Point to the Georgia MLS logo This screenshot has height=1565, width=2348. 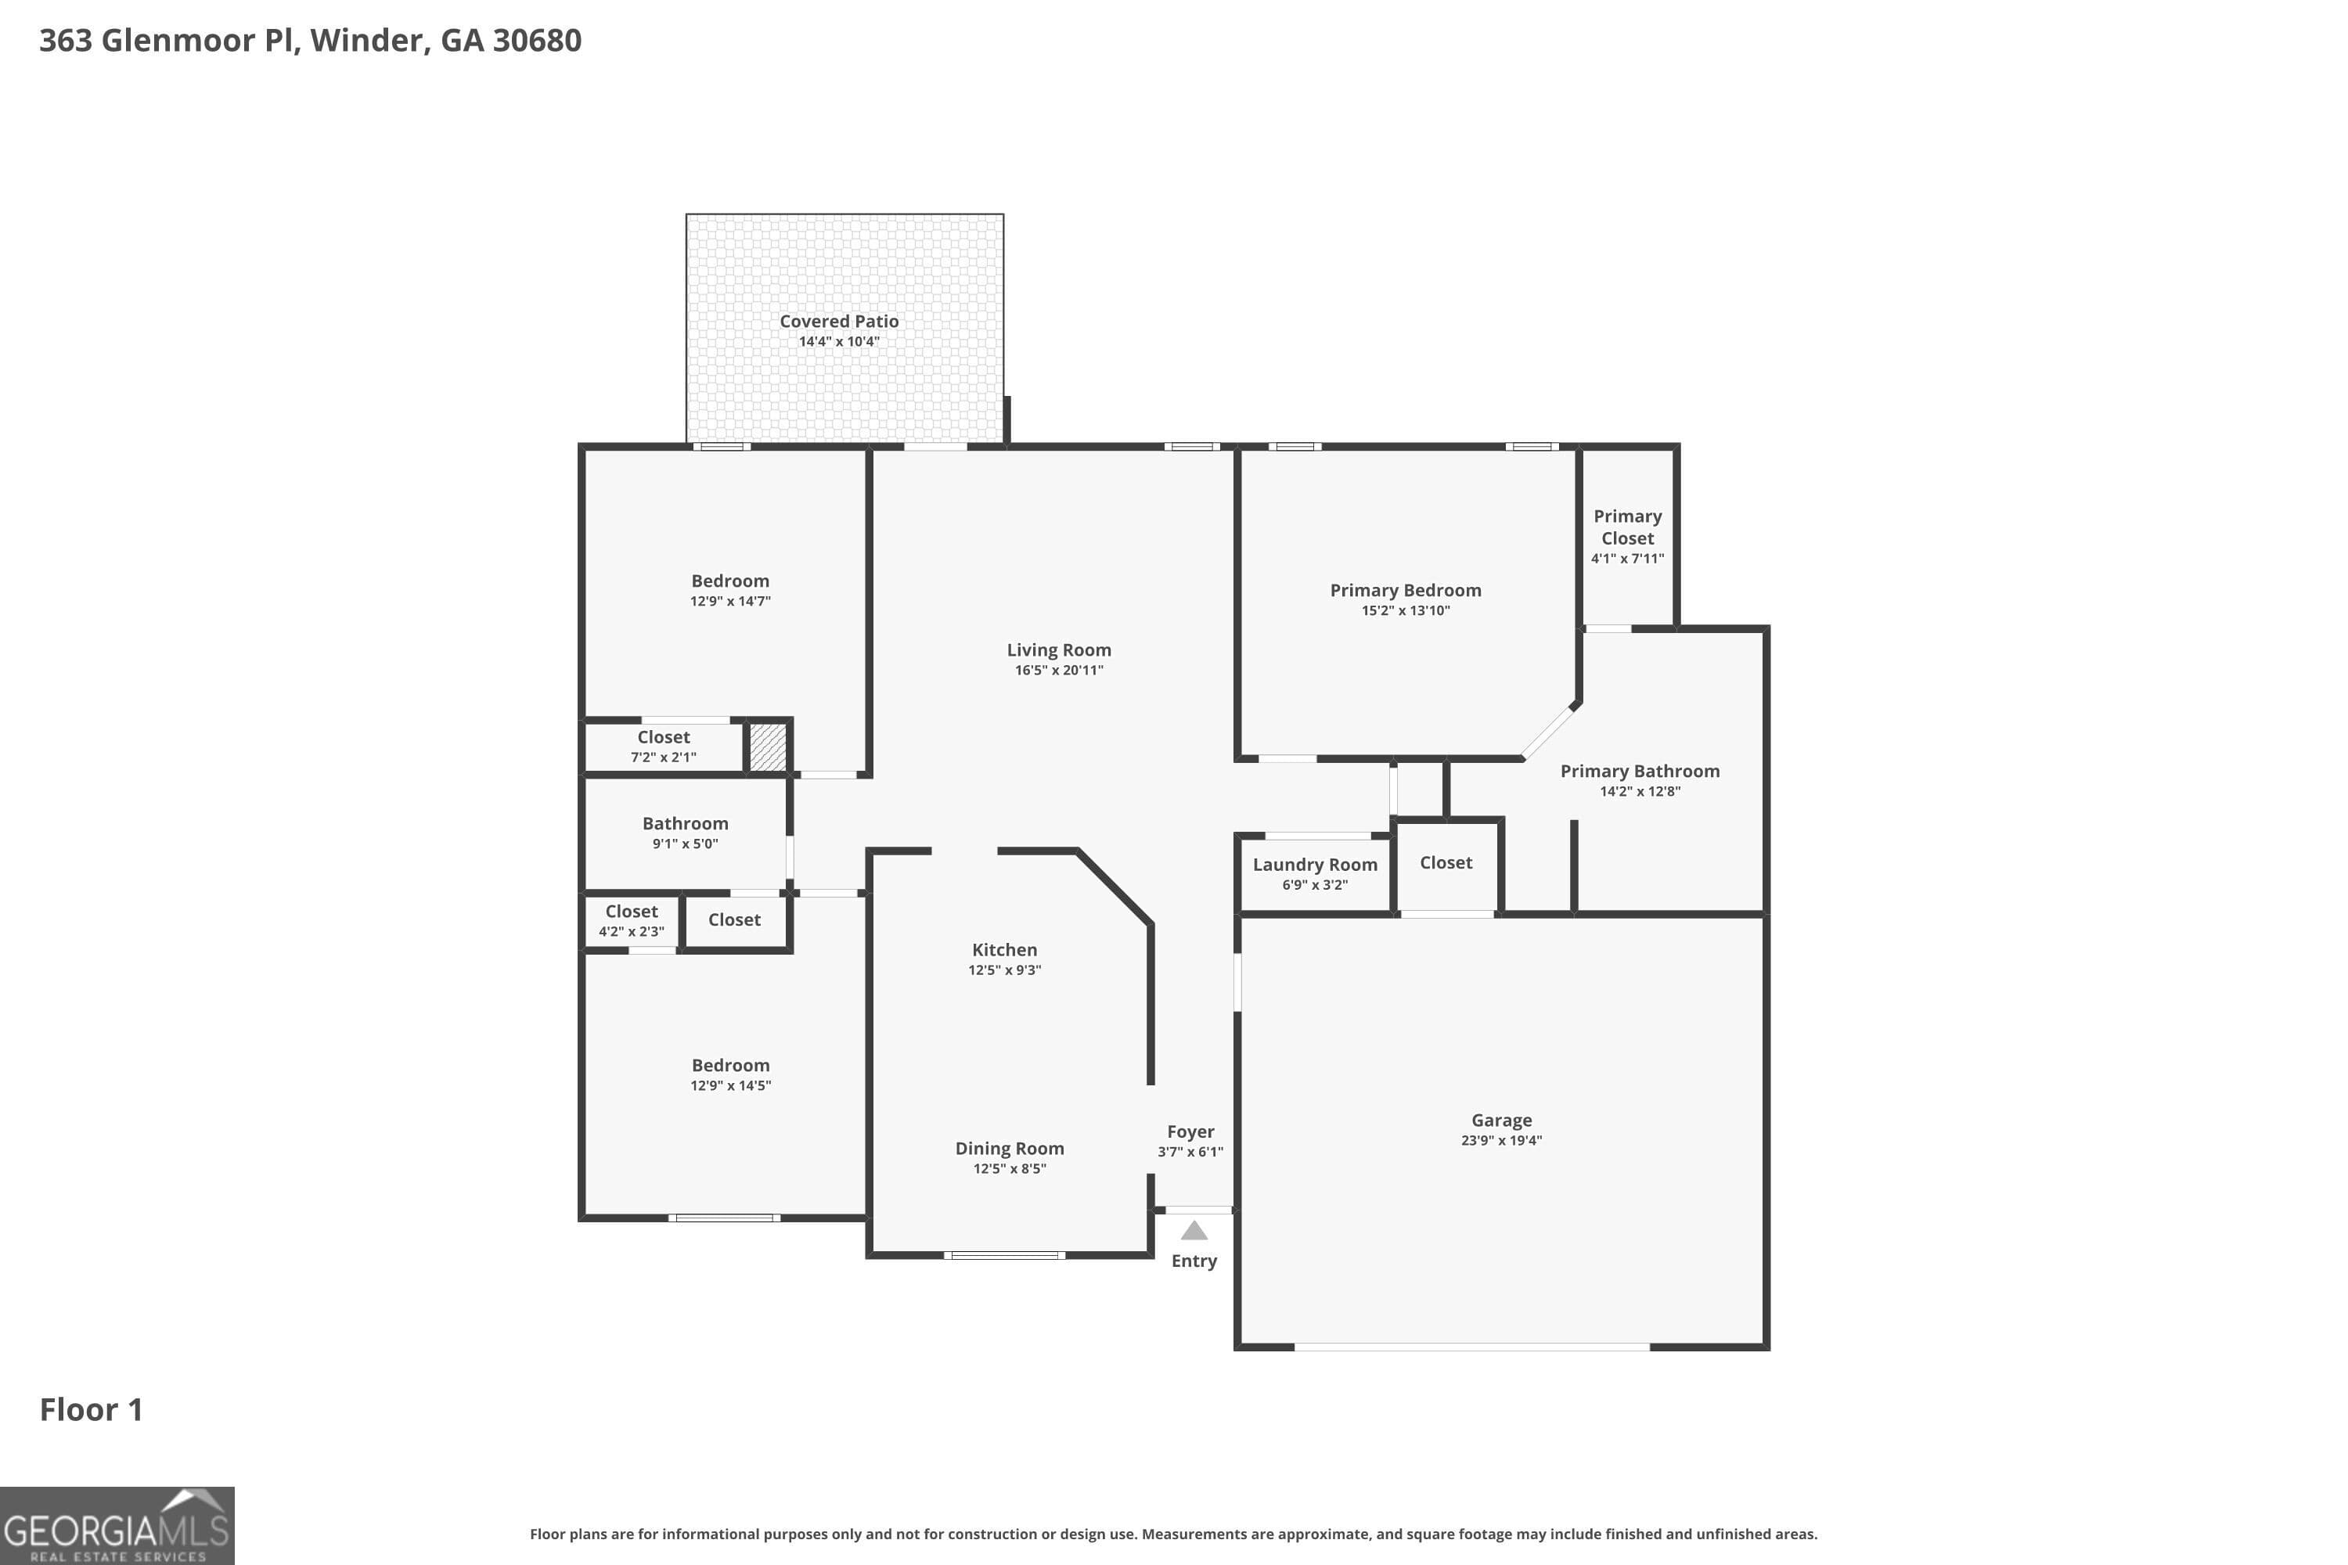117,1525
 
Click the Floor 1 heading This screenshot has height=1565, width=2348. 91,1409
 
